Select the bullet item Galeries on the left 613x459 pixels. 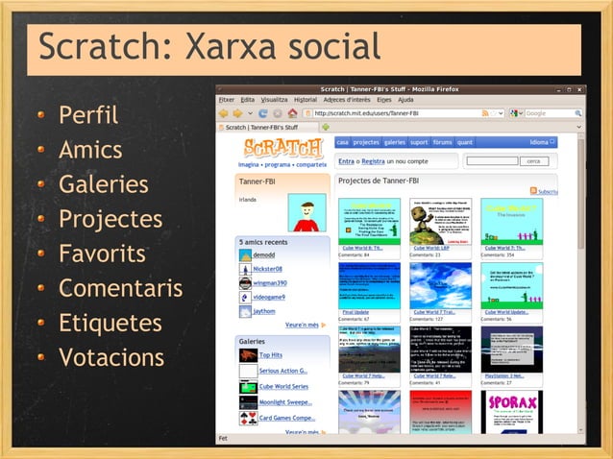(x=103, y=184)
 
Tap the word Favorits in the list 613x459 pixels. (x=102, y=254)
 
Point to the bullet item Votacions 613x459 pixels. (x=111, y=358)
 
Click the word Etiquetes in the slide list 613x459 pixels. (x=110, y=324)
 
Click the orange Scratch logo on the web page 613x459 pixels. (x=283, y=150)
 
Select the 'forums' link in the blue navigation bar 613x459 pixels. (x=442, y=142)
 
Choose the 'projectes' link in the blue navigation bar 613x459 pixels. (x=366, y=142)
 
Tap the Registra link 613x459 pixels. (x=373, y=161)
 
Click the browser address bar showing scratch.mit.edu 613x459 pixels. (x=394, y=112)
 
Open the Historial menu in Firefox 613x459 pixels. (x=305, y=99)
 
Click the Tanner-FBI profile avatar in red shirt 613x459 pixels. (x=306, y=215)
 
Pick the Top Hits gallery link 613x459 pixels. (x=271, y=355)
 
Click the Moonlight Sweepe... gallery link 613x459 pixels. (x=285, y=401)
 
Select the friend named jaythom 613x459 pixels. (x=265, y=311)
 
